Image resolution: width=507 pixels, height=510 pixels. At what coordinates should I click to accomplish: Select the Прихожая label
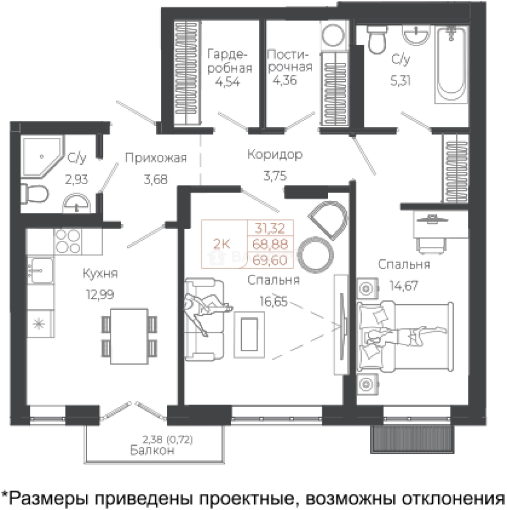[156, 158]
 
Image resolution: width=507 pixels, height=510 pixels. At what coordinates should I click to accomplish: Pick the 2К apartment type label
[222, 244]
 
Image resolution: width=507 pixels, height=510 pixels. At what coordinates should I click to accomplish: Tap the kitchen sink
[40, 271]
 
